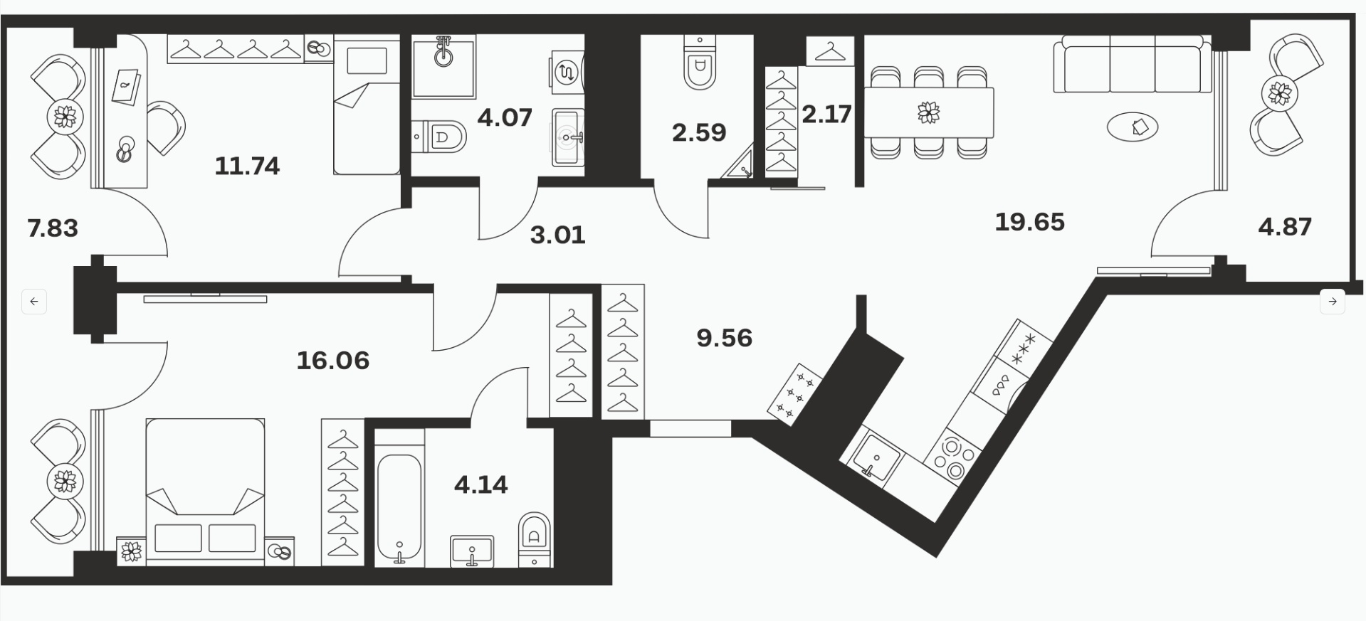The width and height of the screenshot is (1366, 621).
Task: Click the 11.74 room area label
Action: [x=247, y=166]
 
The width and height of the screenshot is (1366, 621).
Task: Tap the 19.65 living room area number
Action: [x=1029, y=222]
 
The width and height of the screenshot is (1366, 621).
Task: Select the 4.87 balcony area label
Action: [x=1285, y=227]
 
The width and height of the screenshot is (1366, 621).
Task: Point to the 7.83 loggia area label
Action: [x=53, y=228]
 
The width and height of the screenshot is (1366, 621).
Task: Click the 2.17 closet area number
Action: [x=827, y=114]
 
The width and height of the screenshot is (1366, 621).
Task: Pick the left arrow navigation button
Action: [x=34, y=301]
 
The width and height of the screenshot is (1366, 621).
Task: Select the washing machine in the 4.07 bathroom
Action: [x=567, y=72]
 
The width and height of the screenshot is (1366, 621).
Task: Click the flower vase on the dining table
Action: [x=928, y=112]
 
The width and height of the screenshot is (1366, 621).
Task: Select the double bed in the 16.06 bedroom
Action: [x=205, y=491]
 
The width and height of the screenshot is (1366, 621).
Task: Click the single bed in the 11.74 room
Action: [x=367, y=107]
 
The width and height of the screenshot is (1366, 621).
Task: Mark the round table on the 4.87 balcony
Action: [x=1279, y=93]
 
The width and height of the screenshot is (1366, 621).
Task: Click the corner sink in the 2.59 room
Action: [x=740, y=164]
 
